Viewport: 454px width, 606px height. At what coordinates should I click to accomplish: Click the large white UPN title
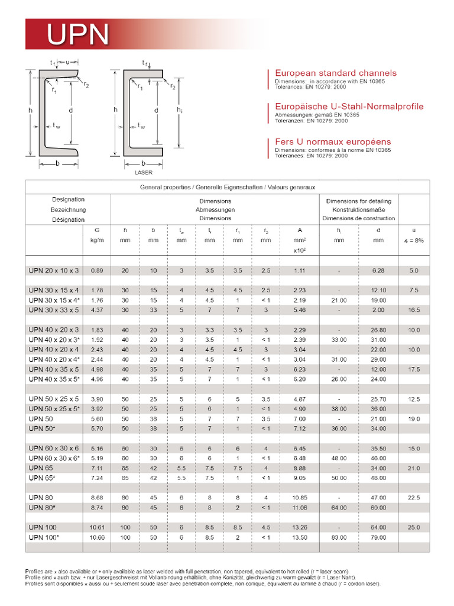click(x=78, y=35)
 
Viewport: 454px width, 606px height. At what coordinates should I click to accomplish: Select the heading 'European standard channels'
click(x=335, y=73)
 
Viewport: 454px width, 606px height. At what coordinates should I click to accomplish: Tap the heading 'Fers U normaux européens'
click(x=333, y=142)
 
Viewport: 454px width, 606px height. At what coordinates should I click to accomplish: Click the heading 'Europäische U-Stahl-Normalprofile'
click(x=349, y=107)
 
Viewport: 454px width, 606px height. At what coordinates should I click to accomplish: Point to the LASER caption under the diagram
click(x=143, y=172)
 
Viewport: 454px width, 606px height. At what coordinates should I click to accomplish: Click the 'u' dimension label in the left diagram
click(x=67, y=62)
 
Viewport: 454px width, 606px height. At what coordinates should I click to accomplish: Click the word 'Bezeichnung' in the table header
click(x=68, y=209)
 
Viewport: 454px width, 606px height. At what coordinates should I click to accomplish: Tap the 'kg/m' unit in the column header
click(x=98, y=241)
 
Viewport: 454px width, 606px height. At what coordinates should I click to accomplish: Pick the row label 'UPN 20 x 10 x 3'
click(x=53, y=270)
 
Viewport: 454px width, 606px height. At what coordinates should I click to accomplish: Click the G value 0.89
click(x=98, y=270)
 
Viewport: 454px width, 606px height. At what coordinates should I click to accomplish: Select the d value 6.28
click(x=378, y=270)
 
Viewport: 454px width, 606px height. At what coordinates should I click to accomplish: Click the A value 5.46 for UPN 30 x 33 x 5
click(x=300, y=310)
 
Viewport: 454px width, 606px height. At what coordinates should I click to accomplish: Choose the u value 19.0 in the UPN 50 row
click(x=414, y=419)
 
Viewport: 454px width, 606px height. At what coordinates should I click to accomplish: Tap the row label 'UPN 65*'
click(x=42, y=478)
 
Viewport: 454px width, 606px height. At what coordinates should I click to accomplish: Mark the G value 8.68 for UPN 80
click(x=98, y=498)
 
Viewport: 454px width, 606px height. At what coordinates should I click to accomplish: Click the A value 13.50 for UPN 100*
click(x=300, y=537)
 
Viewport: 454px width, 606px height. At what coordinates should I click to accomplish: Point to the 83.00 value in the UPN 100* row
click(x=339, y=537)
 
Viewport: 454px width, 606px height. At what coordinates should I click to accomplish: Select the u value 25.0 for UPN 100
click(x=414, y=527)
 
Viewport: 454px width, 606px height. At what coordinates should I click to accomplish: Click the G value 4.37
click(x=98, y=310)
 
